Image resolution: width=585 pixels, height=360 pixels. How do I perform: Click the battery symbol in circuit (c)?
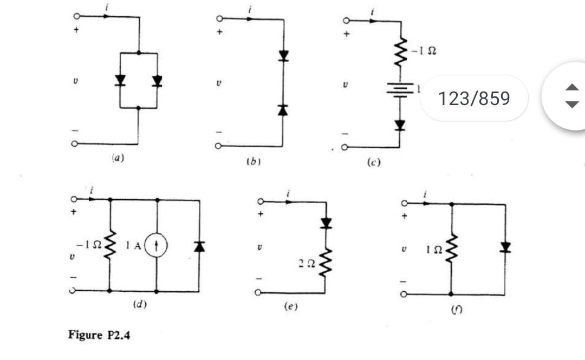400,89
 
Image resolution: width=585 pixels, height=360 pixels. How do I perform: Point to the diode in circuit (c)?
400,125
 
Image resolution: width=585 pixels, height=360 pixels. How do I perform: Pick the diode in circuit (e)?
326,222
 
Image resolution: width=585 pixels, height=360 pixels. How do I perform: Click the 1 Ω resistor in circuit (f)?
451,249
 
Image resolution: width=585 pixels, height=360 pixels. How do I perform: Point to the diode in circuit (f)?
505,247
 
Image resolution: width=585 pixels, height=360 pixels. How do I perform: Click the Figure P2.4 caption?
99,335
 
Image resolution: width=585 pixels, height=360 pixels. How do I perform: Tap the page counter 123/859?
474,99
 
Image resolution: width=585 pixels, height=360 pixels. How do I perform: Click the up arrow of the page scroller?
571,88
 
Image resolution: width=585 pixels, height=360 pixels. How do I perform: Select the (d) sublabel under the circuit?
140,304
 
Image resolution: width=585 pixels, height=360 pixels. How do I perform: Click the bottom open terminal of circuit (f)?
404,294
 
